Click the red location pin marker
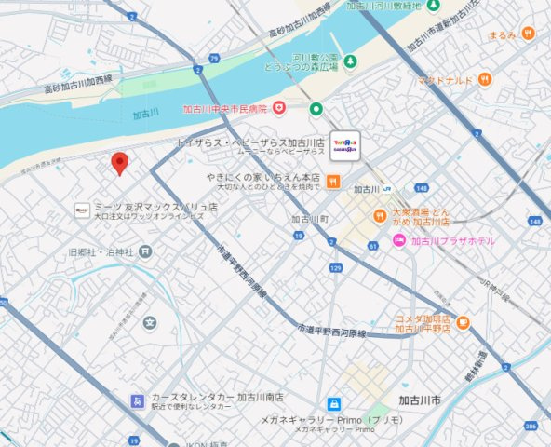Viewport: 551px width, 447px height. (x=119, y=163)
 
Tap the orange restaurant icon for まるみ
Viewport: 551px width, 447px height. (x=528, y=34)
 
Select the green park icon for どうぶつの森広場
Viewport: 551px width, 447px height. (x=350, y=62)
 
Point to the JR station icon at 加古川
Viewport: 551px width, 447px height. (x=384, y=189)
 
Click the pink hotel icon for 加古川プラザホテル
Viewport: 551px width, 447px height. (x=398, y=241)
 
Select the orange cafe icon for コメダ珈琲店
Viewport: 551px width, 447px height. (x=463, y=322)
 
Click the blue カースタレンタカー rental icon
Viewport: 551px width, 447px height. (x=137, y=401)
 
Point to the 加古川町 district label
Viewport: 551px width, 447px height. (x=310, y=220)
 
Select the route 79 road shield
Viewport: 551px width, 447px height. (x=214, y=60)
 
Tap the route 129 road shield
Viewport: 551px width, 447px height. (x=335, y=268)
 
